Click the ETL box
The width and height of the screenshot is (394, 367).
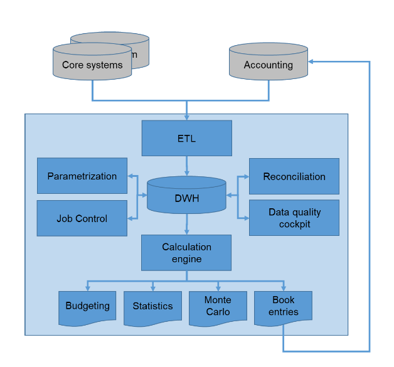point(186,138)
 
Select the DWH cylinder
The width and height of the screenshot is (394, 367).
point(186,197)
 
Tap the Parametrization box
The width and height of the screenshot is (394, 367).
point(82,176)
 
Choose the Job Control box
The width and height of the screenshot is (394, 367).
point(82,218)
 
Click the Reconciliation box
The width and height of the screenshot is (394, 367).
point(294,176)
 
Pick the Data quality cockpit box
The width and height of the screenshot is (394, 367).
point(294,218)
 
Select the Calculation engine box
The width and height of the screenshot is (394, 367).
point(186,252)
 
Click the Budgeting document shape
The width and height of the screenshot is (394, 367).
point(87,306)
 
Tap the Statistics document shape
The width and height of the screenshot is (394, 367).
point(152,306)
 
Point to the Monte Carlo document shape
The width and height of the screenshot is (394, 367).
point(218,306)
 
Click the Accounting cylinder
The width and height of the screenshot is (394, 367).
point(268,65)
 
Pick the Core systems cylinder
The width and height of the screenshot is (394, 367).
point(92,65)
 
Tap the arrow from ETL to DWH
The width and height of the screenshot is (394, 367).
point(186,166)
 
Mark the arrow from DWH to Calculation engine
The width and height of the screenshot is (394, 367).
point(186,225)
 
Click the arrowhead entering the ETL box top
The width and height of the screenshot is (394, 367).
point(186,117)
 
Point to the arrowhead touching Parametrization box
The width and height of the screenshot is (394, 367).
point(130,176)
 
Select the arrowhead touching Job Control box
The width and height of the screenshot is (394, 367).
point(130,218)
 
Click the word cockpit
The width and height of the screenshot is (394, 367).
point(294,224)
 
